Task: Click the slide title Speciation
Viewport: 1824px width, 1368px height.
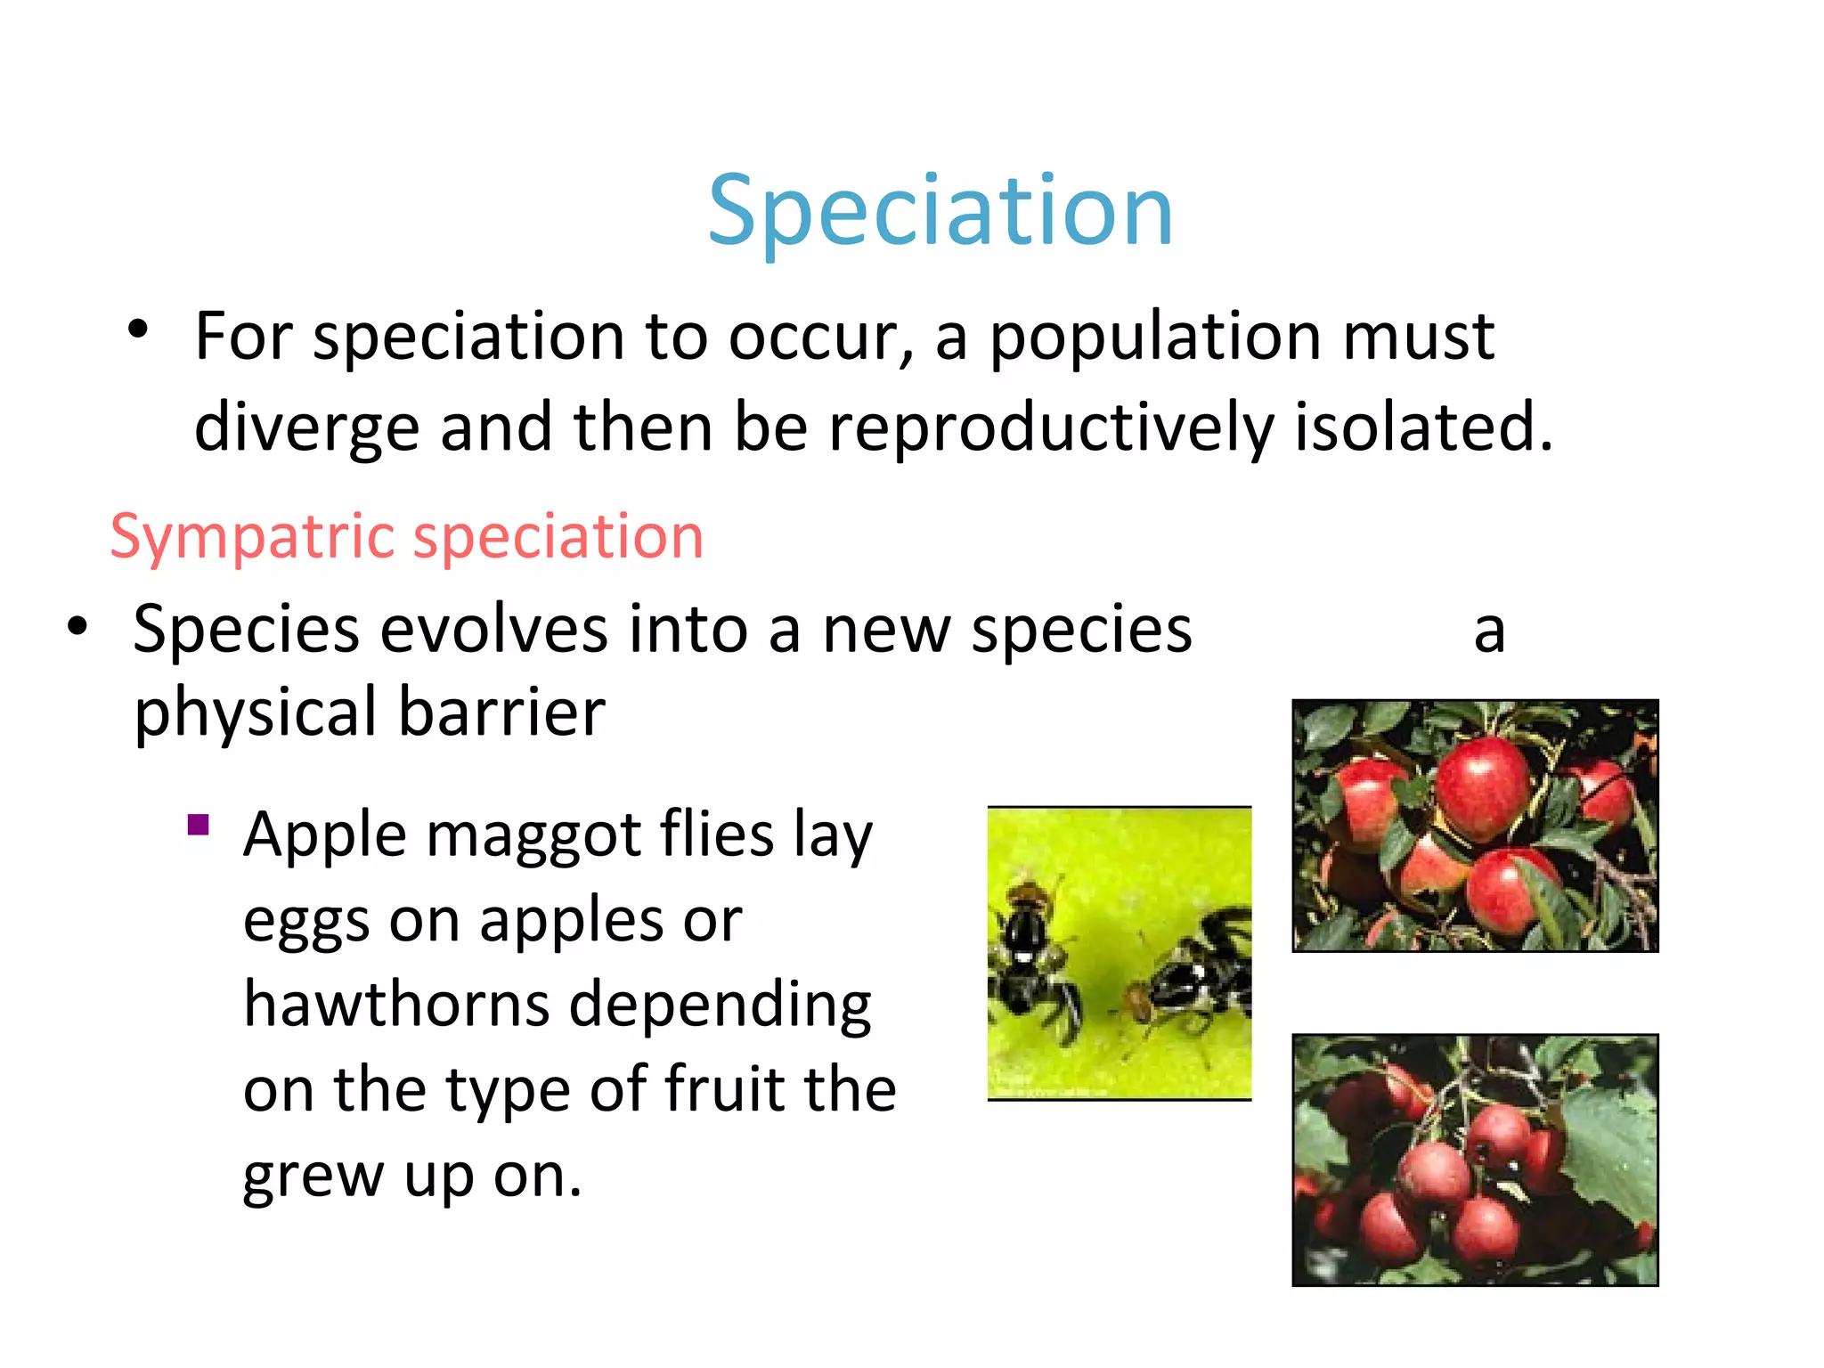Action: (940, 212)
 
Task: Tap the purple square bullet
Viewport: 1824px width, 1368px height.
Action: (199, 825)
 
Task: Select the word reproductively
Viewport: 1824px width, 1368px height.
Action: (1051, 427)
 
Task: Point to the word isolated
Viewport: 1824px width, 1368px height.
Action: (1421, 427)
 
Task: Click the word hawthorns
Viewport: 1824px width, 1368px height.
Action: (396, 1004)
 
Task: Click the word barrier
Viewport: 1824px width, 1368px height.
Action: (501, 712)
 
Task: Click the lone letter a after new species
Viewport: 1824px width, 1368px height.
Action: (1488, 631)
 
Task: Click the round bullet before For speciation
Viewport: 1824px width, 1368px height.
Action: (137, 330)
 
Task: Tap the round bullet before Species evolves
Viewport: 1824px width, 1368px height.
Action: (77, 626)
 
